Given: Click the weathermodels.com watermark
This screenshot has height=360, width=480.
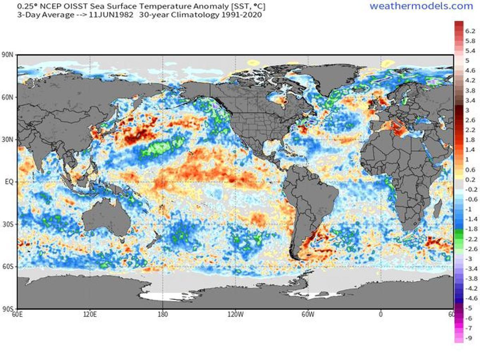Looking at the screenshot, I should [421, 6].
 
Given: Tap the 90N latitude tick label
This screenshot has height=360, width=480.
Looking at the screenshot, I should [8, 55].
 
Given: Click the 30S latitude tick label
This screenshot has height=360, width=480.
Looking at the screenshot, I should [8, 224].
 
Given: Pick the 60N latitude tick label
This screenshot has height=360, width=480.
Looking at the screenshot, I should [8, 97].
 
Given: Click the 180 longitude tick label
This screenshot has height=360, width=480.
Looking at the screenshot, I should [162, 314].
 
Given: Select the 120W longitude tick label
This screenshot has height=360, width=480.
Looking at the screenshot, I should [235, 314].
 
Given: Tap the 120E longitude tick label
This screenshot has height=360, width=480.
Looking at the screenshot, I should [90, 314].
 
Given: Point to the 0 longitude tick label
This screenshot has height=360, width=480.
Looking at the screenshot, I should [380, 314].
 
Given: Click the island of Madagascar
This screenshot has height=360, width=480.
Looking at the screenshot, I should [438, 210].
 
